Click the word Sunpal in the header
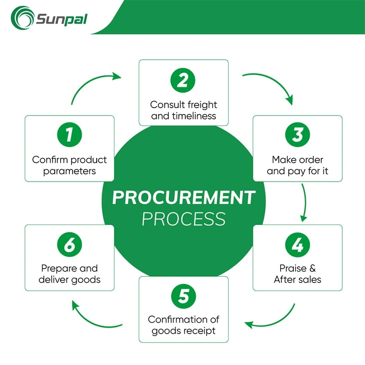point(61,20)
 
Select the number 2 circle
point(183,81)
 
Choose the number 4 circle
point(297,245)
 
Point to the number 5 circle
point(183,297)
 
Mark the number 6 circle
point(69,245)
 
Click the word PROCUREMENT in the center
point(183,198)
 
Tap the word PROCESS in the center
point(183,219)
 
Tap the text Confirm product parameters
point(69,166)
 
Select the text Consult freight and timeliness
point(183,110)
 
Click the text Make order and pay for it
point(297,166)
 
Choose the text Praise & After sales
point(297,274)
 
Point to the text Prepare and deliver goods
point(69,274)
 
